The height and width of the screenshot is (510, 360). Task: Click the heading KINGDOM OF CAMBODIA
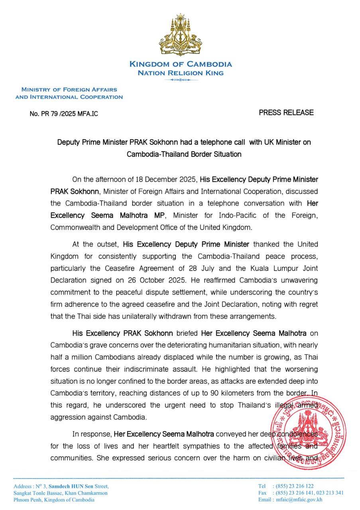pyautogui.click(x=180, y=64)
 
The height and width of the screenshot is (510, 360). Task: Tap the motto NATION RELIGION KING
pyautogui.click(x=180, y=73)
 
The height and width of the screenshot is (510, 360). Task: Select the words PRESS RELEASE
pyautogui.click(x=286, y=113)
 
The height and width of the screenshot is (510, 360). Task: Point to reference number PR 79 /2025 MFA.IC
pyautogui.click(x=64, y=114)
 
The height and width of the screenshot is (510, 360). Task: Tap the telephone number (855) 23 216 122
pyautogui.click(x=293, y=486)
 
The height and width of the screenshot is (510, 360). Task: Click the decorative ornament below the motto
pyautogui.click(x=180, y=80)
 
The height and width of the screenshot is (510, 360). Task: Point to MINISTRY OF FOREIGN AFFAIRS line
pyautogui.click(x=69, y=90)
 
